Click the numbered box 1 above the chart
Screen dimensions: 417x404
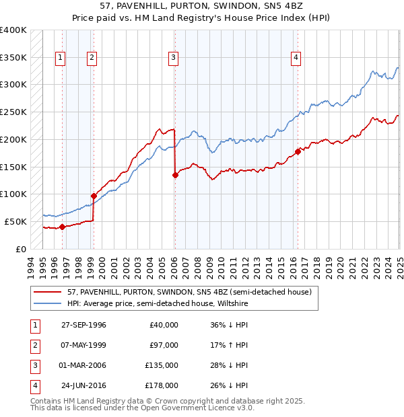coord(61,58)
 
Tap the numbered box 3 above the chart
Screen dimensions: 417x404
coord(173,58)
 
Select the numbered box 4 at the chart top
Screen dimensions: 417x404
coord(296,58)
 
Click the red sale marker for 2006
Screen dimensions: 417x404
coord(175,175)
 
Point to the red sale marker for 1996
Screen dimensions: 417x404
coord(62,227)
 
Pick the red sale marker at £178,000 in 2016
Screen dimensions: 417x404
coord(298,151)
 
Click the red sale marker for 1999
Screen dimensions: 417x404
coord(94,196)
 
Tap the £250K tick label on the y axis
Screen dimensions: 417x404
coord(13,112)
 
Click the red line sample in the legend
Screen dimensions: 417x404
coord(47,293)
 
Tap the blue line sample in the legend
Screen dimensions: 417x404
coord(47,303)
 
